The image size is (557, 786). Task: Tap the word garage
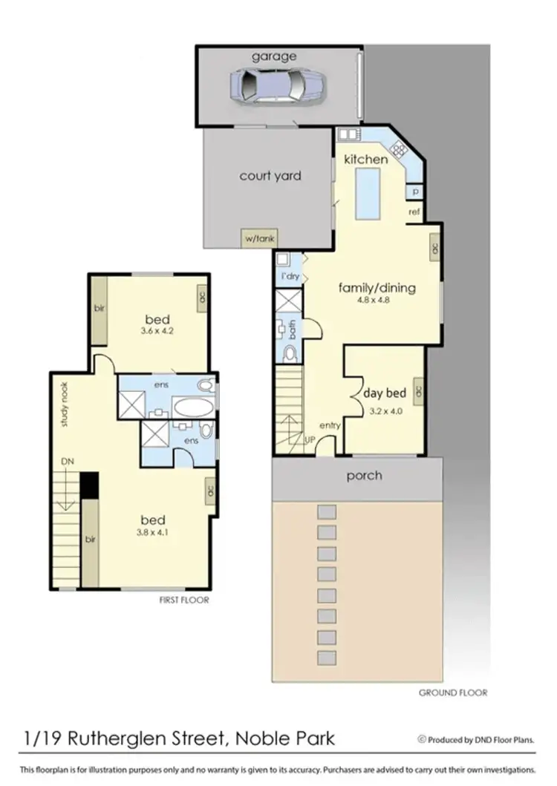(273, 56)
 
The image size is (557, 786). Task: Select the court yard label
(270, 176)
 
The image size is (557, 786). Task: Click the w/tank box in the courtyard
(259, 238)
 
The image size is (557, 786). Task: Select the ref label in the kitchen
(414, 212)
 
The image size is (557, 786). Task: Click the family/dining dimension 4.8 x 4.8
(376, 301)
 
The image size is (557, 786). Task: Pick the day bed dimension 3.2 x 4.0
(382, 409)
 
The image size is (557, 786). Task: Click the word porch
(365, 475)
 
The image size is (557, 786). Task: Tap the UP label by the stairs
(310, 439)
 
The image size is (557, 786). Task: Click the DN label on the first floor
(67, 462)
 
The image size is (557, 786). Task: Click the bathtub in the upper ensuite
(192, 407)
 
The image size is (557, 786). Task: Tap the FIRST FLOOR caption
(184, 600)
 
